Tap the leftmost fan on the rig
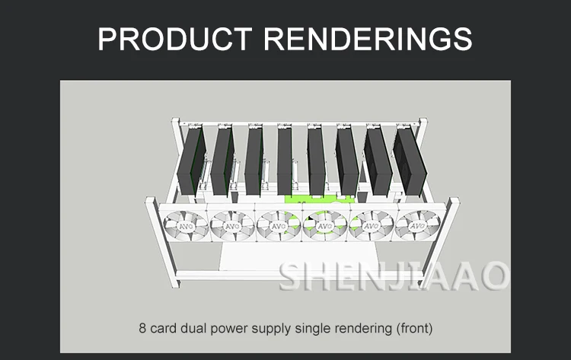[186, 226]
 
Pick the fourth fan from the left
[325, 226]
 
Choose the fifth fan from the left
[372, 226]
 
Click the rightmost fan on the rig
[417, 226]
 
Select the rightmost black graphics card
[408, 160]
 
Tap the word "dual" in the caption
[194, 329]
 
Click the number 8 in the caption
[143, 329]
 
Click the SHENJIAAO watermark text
[393, 276]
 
